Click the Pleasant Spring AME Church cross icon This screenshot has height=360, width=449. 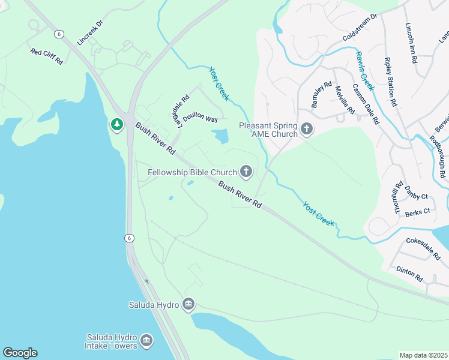coord(307,130)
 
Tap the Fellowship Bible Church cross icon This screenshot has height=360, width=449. coord(246,173)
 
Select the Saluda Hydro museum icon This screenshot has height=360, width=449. coord(188,305)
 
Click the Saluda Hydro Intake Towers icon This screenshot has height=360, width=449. coord(146,341)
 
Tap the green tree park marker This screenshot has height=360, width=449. coord(116,125)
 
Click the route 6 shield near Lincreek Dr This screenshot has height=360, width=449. coord(59,33)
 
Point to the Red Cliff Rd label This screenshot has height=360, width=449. coord(47,56)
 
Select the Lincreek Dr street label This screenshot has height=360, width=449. coord(91,36)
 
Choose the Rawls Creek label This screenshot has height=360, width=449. coord(364,70)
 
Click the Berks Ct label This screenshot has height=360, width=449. coord(418,212)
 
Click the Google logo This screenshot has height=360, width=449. coord(20,353)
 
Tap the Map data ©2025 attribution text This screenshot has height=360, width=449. coord(423,355)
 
